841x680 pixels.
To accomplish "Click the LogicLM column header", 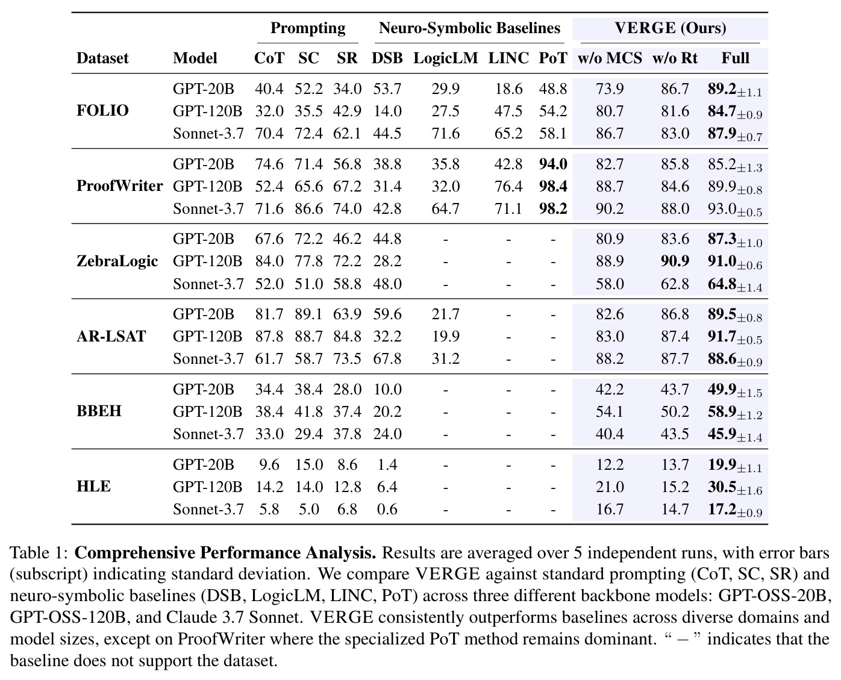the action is pyautogui.click(x=445, y=58).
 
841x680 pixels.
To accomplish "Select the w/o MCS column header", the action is pyautogui.click(x=610, y=58).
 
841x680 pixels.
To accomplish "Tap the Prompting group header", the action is pyautogui.click(x=308, y=28).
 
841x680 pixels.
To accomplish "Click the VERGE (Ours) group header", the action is pyautogui.click(x=670, y=28).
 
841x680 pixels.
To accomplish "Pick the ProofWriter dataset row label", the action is pyautogui.click(x=120, y=186).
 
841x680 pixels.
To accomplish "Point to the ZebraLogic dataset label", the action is pyautogui.click(x=117, y=261).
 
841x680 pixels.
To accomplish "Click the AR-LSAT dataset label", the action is pyautogui.click(x=111, y=336).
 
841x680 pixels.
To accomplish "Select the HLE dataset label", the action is pyautogui.click(x=93, y=486).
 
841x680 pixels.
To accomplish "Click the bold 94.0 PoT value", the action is pyautogui.click(x=553, y=164).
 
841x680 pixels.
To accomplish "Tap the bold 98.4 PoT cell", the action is pyautogui.click(x=553, y=186).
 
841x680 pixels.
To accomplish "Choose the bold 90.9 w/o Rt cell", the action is pyautogui.click(x=675, y=261).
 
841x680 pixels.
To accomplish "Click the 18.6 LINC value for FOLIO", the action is pyautogui.click(x=508, y=89).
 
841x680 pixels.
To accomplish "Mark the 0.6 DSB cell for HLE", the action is pyautogui.click(x=387, y=509).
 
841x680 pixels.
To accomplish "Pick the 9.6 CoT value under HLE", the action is pyautogui.click(x=269, y=464).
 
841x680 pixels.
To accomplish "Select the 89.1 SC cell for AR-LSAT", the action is pyautogui.click(x=308, y=314).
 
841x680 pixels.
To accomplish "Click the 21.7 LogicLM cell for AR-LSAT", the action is pyautogui.click(x=445, y=314).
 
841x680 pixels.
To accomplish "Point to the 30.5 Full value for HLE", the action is pyautogui.click(x=722, y=487).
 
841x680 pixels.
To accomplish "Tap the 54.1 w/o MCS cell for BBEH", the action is pyautogui.click(x=610, y=411).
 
